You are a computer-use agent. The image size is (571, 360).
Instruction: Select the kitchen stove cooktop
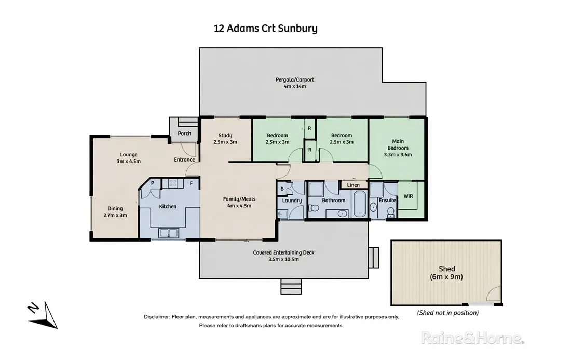pos(172,183)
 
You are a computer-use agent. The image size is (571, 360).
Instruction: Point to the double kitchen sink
pos(168,233)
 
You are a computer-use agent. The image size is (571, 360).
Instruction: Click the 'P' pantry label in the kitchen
pos(153,183)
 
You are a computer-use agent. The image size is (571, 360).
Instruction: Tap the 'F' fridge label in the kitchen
pos(191,183)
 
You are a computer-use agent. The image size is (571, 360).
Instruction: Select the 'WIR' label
pos(408,196)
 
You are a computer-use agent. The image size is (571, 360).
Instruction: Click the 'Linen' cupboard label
pos(353,185)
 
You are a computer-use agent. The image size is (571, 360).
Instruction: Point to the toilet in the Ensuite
pos(390,211)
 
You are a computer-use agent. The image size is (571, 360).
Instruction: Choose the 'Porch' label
pos(184,134)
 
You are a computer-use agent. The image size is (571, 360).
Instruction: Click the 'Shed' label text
pos(446,269)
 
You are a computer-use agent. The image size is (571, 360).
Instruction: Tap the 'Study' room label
pos(225,136)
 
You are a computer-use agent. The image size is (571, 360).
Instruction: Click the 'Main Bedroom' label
pos(398,144)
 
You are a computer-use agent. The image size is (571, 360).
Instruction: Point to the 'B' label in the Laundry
pos(282,189)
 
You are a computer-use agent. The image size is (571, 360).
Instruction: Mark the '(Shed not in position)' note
pos(448,313)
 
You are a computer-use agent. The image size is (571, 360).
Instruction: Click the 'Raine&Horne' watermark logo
pos(472,338)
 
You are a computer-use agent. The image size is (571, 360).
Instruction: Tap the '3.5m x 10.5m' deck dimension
pos(283,259)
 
